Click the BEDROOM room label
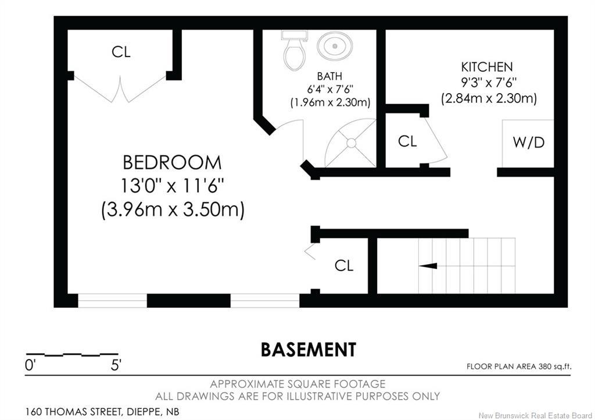pyautogui.click(x=172, y=162)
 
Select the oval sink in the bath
pyautogui.click(x=335, y=46)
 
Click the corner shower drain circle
pyautogui.click(x=351, y=143)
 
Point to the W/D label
pyautogui.click(x=529, y=143)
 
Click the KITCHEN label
pyautogui.click(x=487, y=67)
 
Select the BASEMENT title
pyautogui.click(x=309, y=350)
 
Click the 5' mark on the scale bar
pyautogui.click(x=116, y=365)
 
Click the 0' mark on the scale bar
pyautogui.click(x=30, y=365)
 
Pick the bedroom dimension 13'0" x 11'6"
pyautogui.click(x=172, y=186)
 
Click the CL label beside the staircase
pyautogui.click(x=344, y=265)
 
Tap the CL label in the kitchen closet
pyautogui.click(x=407, y=141)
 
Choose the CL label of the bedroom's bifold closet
pyautogui.click(x=121, y=52)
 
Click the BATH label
pyautogui.click(x=329, y=76)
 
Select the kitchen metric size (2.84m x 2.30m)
pyautogui.click(x=489, y=99)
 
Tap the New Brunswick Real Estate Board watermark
pyautogui.click(x=535, y=415)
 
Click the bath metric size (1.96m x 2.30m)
pyautogui.click(x=330, y=102)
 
